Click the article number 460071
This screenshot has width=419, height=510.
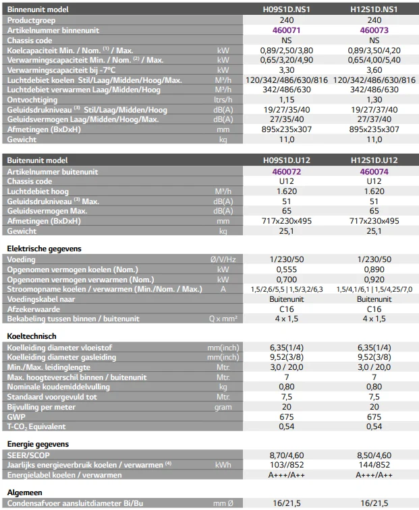[x=286, y=30]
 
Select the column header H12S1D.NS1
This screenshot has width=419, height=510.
[x=374, y=9]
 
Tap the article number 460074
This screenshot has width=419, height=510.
[x=374, y=171]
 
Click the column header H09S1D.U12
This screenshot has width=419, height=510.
[x=286, y=160]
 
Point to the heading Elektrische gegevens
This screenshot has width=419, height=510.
[x=44, y=249]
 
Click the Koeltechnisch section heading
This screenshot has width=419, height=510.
[x=32, y=336]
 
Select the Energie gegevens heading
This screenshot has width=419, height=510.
[x=38, y=444]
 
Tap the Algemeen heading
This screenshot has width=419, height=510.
[x=25, y=492]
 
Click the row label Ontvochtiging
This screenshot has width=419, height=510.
[x=32, y=100]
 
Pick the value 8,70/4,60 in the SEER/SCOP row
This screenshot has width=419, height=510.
[x=286, y=455]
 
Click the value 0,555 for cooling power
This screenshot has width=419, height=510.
[x=286, y=269]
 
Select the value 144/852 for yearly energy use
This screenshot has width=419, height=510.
[x=374, y=465]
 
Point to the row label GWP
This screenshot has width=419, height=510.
[x=16, y=416]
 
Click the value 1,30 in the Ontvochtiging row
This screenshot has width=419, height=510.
[x=374, y=100]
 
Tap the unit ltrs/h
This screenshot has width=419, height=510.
[x=223, y=100]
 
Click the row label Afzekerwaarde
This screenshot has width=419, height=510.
[x=34, y=309]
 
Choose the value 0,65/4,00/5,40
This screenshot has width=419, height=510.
[x=374, y=60]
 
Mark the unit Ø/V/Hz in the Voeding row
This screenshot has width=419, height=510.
[x=223, y=259]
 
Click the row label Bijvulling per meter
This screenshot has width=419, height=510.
[x=41, y=407]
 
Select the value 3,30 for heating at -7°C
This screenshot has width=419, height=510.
[x=286, y=70]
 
